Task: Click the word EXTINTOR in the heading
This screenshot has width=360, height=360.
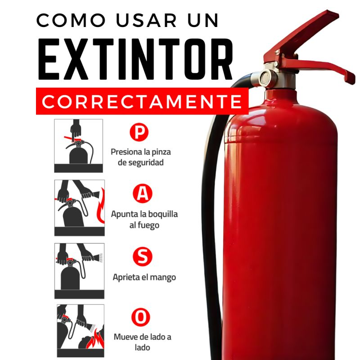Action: (x=135, y=59)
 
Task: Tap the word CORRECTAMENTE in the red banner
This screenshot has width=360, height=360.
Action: (x=142, y=101)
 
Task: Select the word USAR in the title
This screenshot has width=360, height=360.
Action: (x=146, y=20)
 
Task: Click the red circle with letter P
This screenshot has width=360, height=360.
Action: (x=139, y=132)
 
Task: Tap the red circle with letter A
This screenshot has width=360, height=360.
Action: (x=142, y=193)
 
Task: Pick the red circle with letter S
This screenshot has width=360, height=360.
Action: (x=142, y=256)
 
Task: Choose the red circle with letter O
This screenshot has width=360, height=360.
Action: (x=141, y=317)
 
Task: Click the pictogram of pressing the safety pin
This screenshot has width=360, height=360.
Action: (x=78, y=146)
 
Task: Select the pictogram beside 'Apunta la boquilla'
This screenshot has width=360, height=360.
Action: (x=80, y=208)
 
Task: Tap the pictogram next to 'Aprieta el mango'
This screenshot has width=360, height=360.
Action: (x=80, y=271)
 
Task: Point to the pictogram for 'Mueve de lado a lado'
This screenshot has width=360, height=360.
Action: (x=81, y=331)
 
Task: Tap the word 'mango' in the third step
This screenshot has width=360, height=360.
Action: (x=165, y=277)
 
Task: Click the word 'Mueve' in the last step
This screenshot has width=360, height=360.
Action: (x=124, y=337)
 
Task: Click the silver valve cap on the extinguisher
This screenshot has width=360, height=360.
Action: (x=265, y=78)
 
